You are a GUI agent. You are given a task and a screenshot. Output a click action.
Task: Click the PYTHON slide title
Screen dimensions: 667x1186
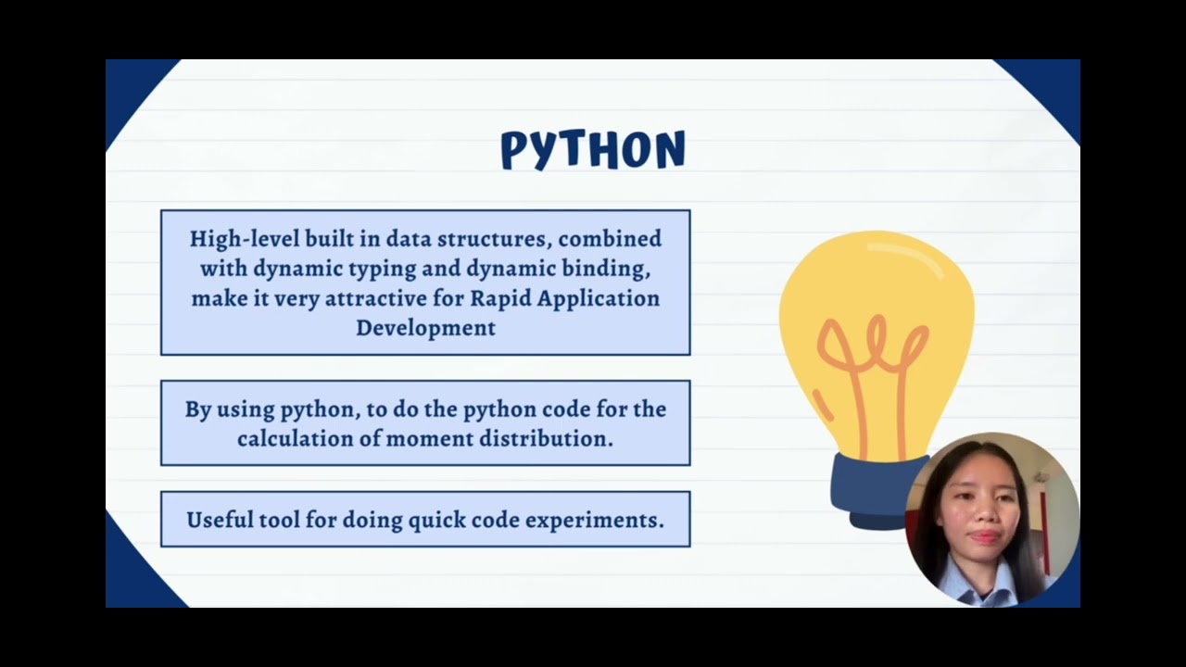tap(593, 149)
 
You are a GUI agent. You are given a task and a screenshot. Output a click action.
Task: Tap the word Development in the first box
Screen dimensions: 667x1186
tap(425, 328)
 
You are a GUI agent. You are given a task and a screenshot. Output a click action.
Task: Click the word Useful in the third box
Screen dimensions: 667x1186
tap(218, 520)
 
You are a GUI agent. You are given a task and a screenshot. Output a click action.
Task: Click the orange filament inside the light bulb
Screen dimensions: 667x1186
tap(871, 371)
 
